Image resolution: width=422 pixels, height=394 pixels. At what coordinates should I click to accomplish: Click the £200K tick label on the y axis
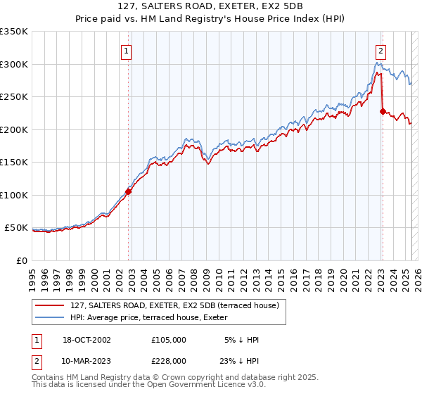(x=13, y=129)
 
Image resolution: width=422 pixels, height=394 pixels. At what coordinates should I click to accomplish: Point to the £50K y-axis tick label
(x=16, y=228)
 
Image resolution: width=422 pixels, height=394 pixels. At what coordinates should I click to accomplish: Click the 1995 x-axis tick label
(x=32, y=273)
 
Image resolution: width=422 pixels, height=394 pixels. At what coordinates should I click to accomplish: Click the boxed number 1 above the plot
(x=126, y=51)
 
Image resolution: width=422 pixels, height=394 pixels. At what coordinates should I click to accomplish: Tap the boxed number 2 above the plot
(x=380, y=51)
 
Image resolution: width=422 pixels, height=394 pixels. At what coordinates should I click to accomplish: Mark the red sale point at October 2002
(x=129, y=191)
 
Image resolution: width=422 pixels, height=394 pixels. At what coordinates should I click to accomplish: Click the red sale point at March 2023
(x=382, y=110)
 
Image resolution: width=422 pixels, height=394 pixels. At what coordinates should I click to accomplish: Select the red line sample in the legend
(x=51, y=305)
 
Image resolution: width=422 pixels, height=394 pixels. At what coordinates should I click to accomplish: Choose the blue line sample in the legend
(x=51, y=317)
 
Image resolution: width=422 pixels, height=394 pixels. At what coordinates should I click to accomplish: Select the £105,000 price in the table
(x=169, y=340)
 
